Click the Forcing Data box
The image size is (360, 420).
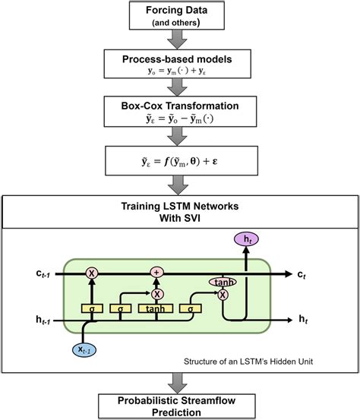[x=179, y=16]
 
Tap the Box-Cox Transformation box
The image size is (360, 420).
[x=179, y=113]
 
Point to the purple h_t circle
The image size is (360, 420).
[x=247, y=239]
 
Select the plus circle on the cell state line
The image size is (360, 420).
[x=156, y=271]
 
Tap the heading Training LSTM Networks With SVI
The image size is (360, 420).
[x=180, y=211]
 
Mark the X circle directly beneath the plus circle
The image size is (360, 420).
[x=156, y=293]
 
